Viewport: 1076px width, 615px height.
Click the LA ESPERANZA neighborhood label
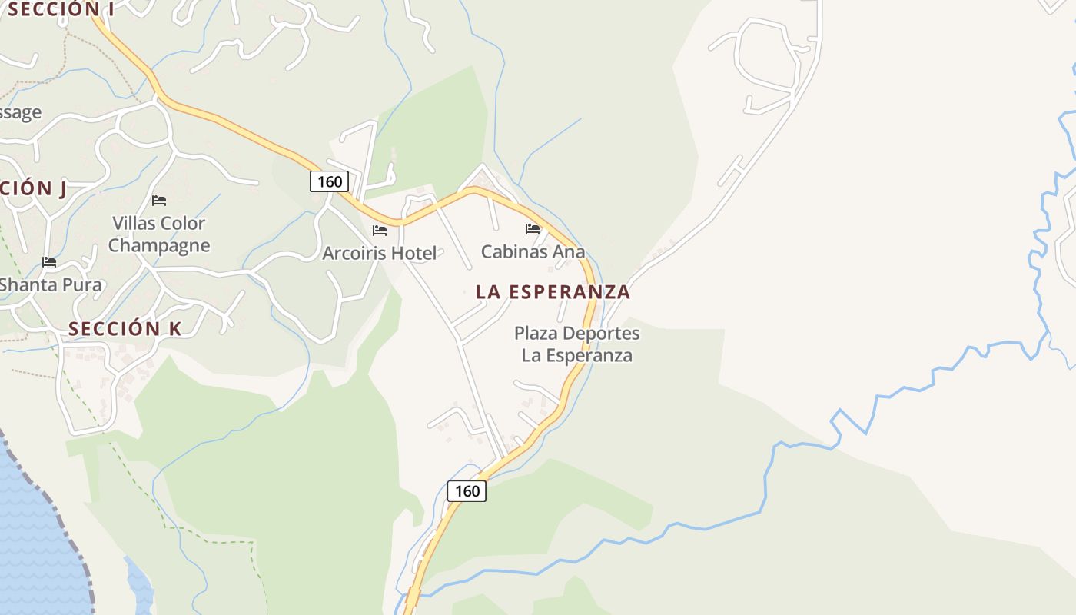pyautogui.click(x=553, y=292)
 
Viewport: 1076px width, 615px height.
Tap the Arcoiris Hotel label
pyautogui.click(x=379, y=253)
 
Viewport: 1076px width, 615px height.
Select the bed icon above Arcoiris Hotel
pyautogui.click(x=380, y=230)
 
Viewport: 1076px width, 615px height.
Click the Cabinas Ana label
pyautogui.click(x=533, y=251)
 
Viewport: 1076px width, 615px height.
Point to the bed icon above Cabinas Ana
pyautogui.click(x=533, y=228)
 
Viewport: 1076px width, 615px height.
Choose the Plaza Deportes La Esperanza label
pyautogui.click(x=576, y=344)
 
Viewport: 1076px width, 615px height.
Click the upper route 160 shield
pyautogui.click(x=330, y=181)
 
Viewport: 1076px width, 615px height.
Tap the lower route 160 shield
pyautogui.click(x=467, y=491)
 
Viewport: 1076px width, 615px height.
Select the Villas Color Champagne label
pyautogui.click(x=158, y=234)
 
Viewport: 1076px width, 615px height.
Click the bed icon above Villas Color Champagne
pyautogui.click(x=159, y=201)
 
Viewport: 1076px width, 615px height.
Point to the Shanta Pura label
pyautogui.click(x=50, y=284)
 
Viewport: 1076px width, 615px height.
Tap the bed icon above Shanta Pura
pyautogui.click(x=49, y=262)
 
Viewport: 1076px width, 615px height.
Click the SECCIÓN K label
pyautogui.click(x=125, y=329)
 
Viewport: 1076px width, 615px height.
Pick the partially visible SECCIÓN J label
pyautogui.click(x=32, y=188)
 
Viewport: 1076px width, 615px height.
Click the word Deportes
pyautogui.click(x=601, y=334)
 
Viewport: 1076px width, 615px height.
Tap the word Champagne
pyautogui.click(x=158, y=246)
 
